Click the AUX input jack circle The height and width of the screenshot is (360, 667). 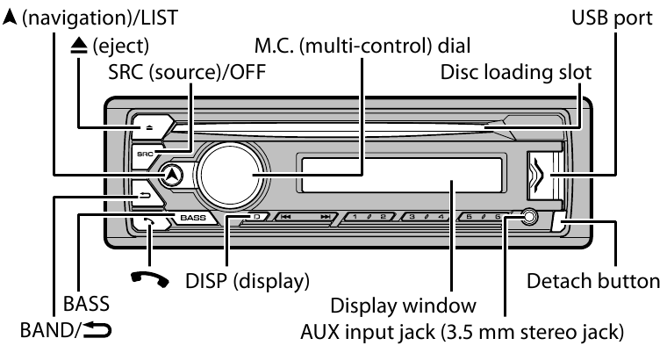click(x=526, y=215)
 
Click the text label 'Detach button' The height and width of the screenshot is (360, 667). click(x=592, y=282)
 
